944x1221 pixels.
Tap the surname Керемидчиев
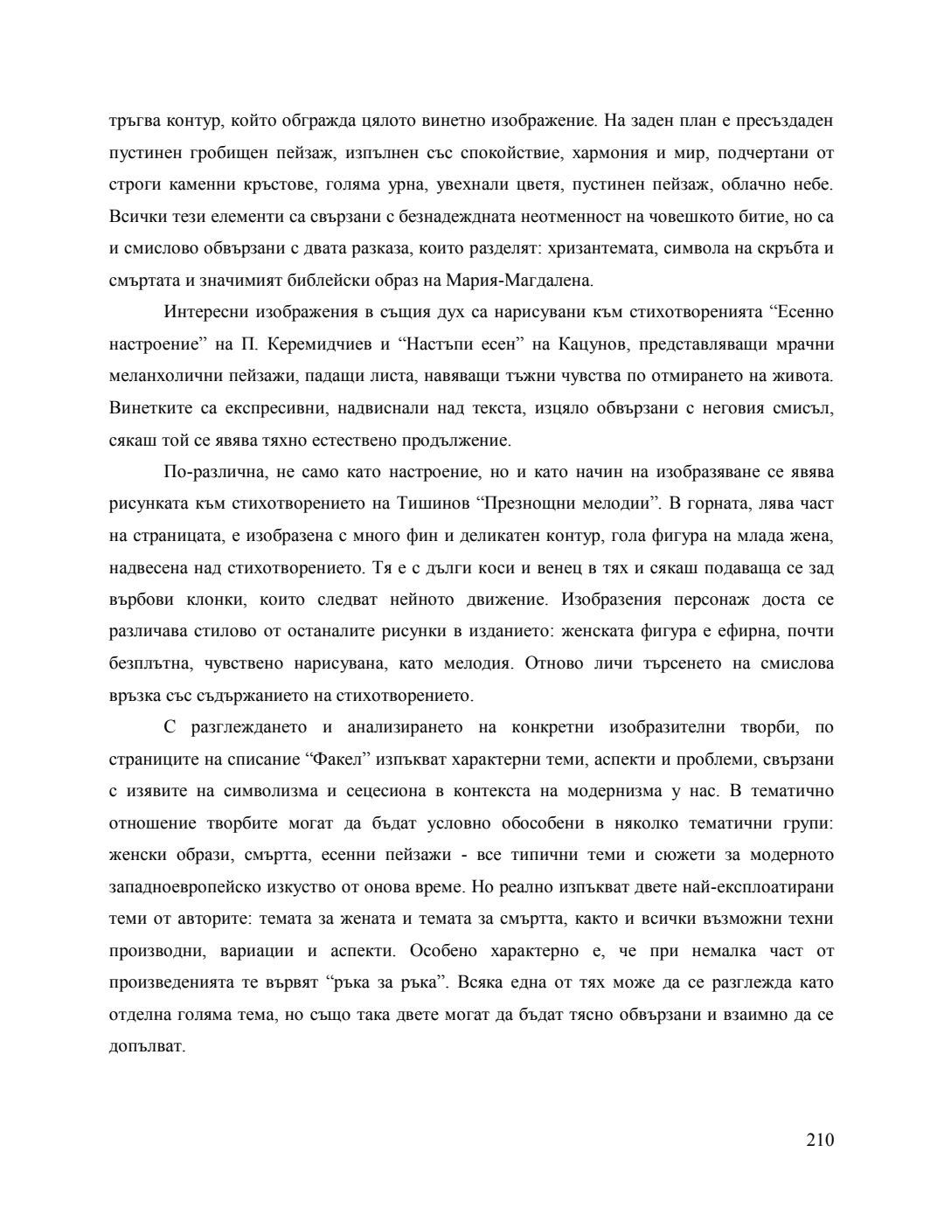point(312,344)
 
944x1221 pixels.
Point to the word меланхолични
point(163,377)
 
